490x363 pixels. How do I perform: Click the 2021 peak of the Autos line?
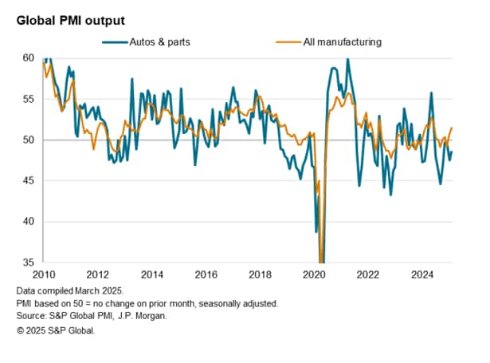pos(347,59)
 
